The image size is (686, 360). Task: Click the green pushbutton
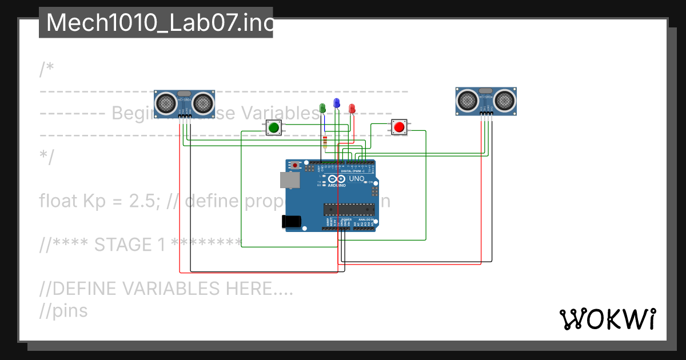(274, 127)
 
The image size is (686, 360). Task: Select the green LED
(322, 107)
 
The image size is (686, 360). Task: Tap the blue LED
(337, 103)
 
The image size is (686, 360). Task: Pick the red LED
(352, 107)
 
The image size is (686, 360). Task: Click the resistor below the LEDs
(325, 142)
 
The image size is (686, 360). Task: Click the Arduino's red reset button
(295, 166)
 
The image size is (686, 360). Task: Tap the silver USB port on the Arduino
(288, 180)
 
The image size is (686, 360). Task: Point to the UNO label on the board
(357, 179)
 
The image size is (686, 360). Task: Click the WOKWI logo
(607, 319)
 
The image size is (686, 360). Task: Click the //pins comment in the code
(63, 311)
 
